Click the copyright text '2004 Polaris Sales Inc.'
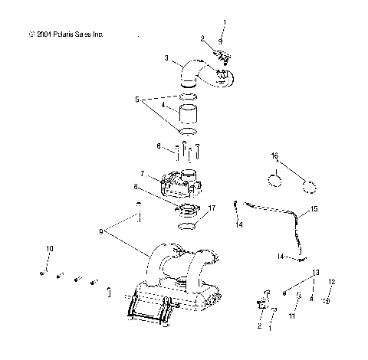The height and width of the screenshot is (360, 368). pyautogui.click(x=64, y=34)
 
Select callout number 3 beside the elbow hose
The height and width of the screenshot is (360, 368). pyautogui.click(x=166, y=57)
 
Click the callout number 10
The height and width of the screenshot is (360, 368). pyautogui.click(x=50, y=248)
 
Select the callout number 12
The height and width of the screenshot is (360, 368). pyautogui.click(x=331, y=282)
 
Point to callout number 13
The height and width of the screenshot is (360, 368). pyautogui.click(x=315, y=272)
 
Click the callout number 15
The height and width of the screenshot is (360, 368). pyautogui.click(x=314, y=208)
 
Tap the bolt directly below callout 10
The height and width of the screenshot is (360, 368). pyautogui.click(x=44, y=272)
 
